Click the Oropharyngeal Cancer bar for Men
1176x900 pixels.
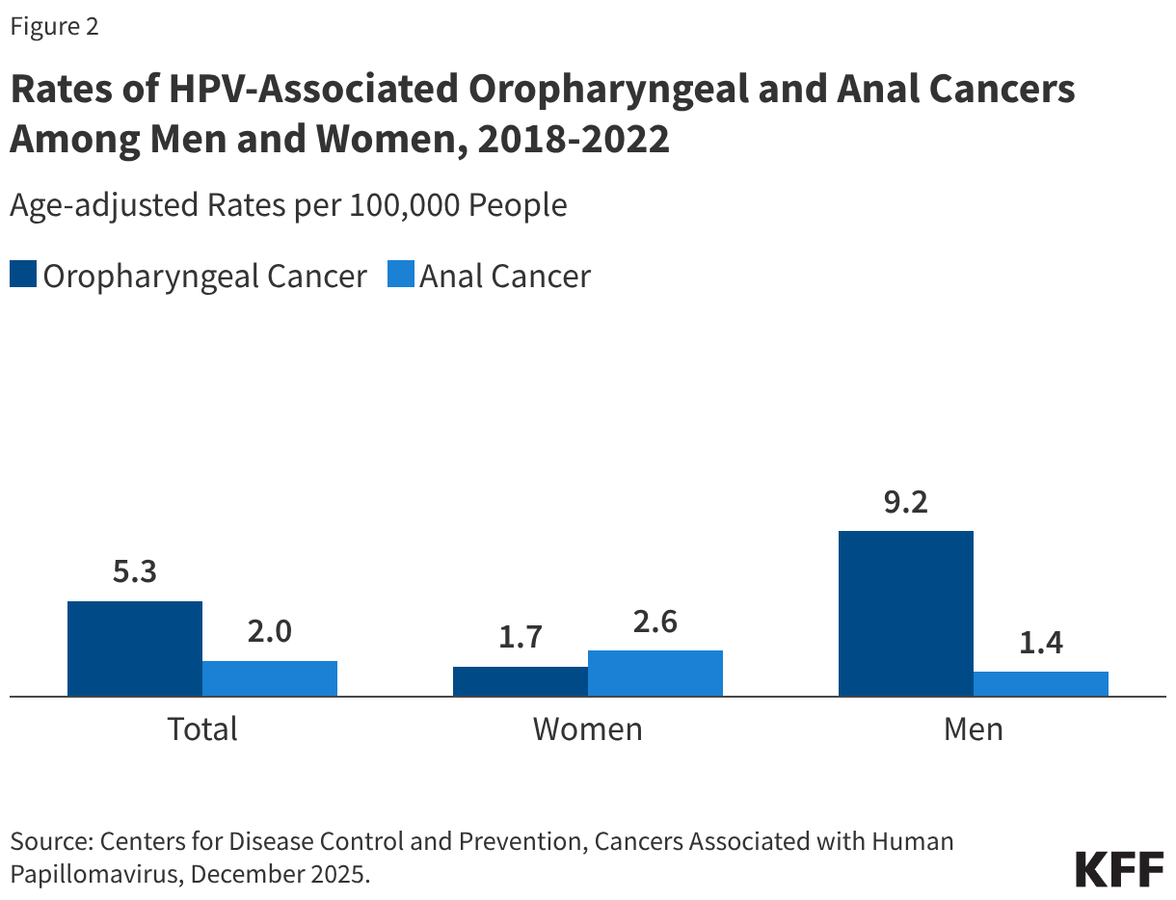pyautogui.click(x=906, y=613)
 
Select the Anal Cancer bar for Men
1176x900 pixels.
pyautogui.click(x=1041, y=683)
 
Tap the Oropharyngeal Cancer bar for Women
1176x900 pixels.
pyautogui.click(x=521, y=680)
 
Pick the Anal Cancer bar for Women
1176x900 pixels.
pyautogui.click(x=655, y=673)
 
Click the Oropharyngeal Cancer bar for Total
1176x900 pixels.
pyautogui.click(x=135, y=648)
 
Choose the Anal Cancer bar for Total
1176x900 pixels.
pyautogui.click(x=270, y=677)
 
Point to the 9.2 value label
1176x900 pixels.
pyautogui.click(x=906, y=502)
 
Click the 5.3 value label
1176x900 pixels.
pyautogui.click(x=135, y=572)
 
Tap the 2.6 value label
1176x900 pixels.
pyautogui.click(x=655, y=622)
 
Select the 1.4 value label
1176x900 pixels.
pyautogui.click(x=1041, y=643)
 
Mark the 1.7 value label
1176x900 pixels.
pyautogui.click(x=521, y=638)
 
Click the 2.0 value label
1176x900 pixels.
pyautogui.click(x=270, y=632)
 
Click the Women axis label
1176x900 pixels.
pyautogui.click(x=588, y=728)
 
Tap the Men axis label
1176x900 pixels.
pyautogui.click(x=974, y=728)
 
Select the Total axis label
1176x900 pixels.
pyautogui.click(x=202, y=728)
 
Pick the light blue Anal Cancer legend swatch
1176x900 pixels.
pyautogui.click(x=400, y=276)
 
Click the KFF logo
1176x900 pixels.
pyautogui.click(x=1119, y=868)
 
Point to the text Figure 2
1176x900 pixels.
pyautogui.click(x=55, y=27)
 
